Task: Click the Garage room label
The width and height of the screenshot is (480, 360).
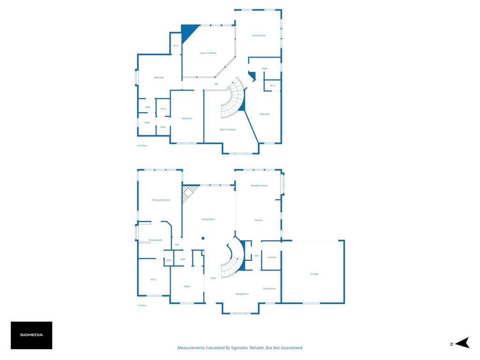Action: point(314,274)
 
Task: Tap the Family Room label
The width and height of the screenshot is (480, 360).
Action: point(259,36)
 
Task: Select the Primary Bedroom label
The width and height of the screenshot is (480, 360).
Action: point(161,200)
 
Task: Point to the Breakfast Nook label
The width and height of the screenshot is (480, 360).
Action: point(259,186)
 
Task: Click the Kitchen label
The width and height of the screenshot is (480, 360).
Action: point(258,220)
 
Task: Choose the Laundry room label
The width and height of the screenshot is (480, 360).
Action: point(271,257)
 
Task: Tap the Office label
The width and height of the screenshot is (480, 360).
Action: point(187,286)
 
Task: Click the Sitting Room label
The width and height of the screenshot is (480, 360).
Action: point(242,294)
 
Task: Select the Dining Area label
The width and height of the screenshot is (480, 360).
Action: point(269,289)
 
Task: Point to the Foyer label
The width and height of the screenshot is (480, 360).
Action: point(213,278)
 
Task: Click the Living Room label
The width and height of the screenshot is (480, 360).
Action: point(208,219)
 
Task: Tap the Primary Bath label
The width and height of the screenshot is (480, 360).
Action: point(155,240)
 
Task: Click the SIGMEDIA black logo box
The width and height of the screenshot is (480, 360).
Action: point(31,335)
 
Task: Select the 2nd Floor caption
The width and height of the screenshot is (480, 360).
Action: point(142,146)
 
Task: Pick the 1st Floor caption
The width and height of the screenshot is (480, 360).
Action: point(142,305)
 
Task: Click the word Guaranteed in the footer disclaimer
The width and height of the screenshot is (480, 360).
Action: point(291,348)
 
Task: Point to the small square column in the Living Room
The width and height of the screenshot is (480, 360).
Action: point(203,238)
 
